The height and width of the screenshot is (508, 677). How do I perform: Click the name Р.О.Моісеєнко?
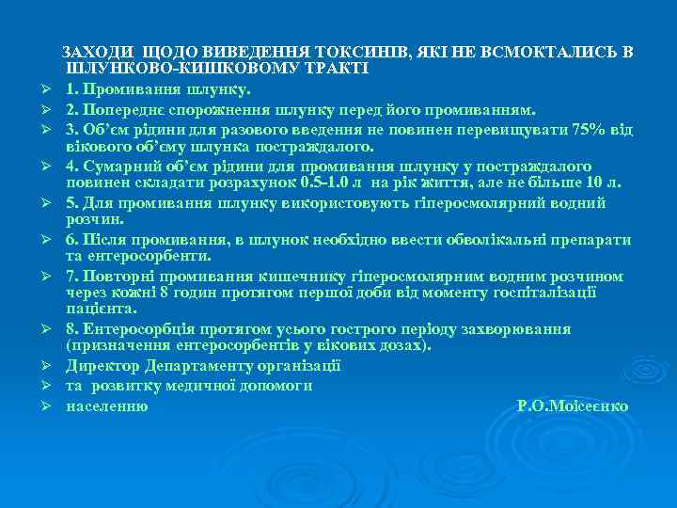tap(573, 406)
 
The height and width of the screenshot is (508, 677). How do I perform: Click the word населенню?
tap(106, 406)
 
